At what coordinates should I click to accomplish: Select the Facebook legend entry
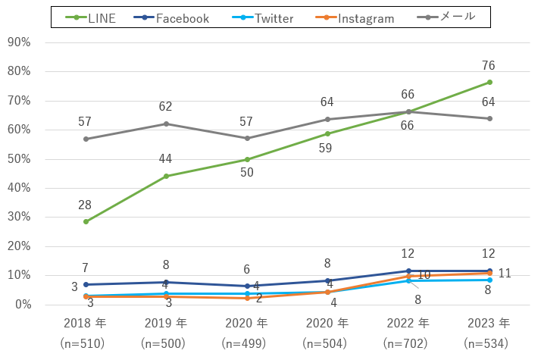tap(170, 18)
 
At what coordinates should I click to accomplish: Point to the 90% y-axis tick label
tap(18, 42)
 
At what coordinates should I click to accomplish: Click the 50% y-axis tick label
tap(18, 159)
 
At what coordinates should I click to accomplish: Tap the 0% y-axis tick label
tap(21, 305)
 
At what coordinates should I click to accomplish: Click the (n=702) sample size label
tap(408, 343)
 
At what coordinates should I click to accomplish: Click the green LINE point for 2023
tap(489, 83)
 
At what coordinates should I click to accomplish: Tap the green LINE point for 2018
tap(86, 222)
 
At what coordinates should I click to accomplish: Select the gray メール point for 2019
tap(166, 124)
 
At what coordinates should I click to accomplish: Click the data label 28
tap(86, 205)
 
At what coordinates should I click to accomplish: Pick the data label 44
tap(166, 158)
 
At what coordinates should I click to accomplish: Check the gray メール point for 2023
tap(489, 118)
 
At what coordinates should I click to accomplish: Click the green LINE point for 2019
tap(166, 177)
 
